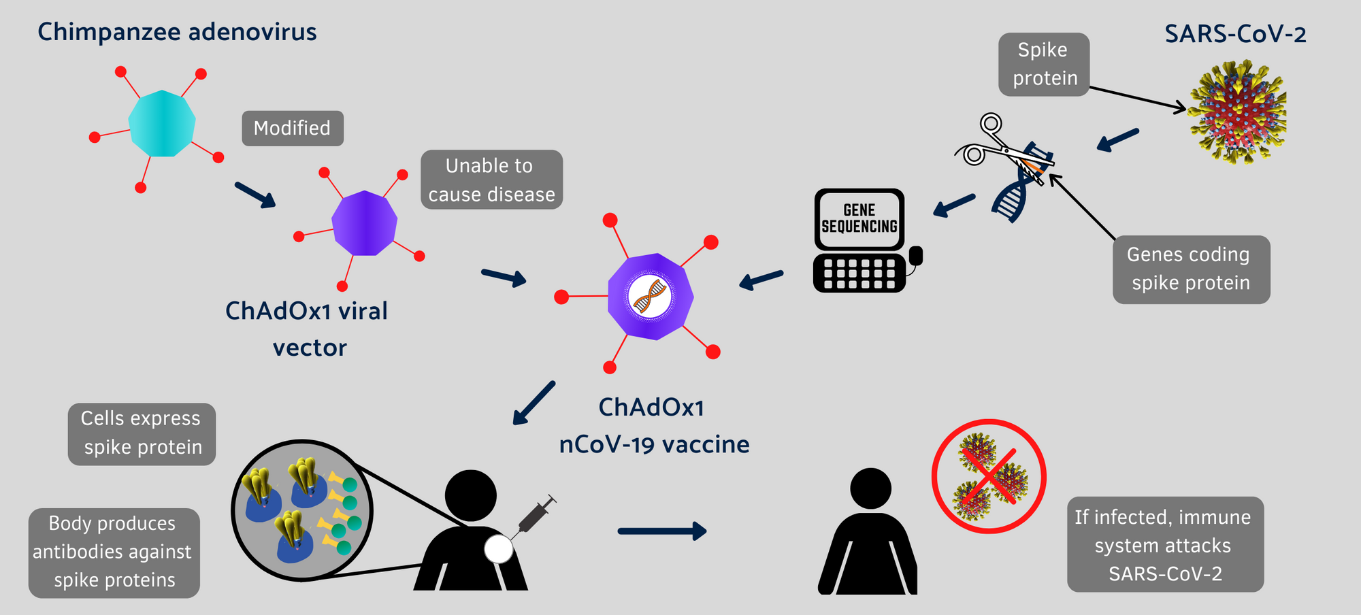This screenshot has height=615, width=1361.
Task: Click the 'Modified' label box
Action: pos(293,128)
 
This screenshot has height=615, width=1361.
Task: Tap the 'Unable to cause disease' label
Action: pos(491,180)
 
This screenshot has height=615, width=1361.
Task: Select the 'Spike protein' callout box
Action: pos(1044,65)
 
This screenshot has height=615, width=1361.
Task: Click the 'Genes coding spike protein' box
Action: pos(1192,269)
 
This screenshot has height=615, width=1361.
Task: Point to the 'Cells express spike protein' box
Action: pos(142,434)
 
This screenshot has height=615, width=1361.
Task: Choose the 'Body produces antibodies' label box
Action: pos(114,552)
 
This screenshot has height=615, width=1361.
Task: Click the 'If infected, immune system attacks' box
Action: pos(1165,544)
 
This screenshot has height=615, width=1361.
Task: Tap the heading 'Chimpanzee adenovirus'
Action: pos(177,32)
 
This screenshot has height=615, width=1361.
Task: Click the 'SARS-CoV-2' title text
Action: pos(1235,34)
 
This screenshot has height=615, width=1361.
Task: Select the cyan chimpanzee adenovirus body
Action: pos(162,123)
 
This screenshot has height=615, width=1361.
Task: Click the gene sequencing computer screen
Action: pos(859,219)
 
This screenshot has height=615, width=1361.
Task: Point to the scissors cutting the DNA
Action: pos(1004,145)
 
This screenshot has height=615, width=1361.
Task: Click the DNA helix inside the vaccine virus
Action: pos(650,297)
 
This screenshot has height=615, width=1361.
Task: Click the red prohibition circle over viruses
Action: pos(989,476)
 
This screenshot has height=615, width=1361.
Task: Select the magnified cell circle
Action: pos(302,510)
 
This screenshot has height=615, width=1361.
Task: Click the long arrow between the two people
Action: pos(662,531)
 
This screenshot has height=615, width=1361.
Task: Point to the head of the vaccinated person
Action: pos(471,495)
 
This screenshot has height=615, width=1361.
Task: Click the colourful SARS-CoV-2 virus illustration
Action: pos(1237,112)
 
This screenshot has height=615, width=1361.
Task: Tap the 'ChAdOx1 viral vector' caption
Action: pos(308,329)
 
